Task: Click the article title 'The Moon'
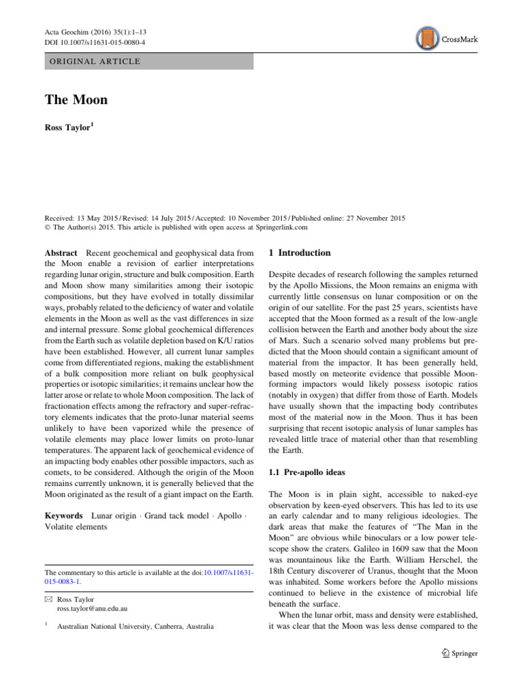click(76, 100)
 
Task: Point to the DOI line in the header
click(95, 42)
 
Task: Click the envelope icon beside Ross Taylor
click(48, 599)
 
